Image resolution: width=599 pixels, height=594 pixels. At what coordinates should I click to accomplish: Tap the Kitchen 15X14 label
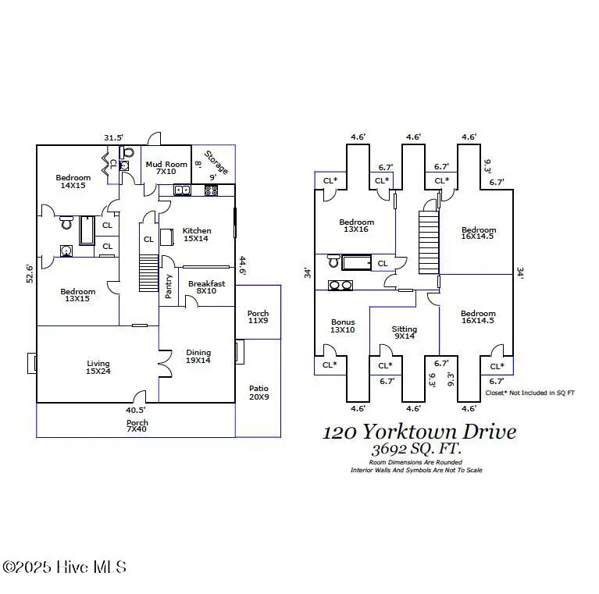coord(196,234)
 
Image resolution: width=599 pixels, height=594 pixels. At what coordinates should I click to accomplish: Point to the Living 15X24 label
coord(98,368)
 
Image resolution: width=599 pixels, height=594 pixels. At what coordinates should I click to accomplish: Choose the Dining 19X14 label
coord(198,356)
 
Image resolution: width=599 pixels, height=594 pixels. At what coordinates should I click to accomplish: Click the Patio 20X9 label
coord(258,392)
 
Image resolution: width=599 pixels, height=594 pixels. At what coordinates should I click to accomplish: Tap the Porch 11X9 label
coord(258,317)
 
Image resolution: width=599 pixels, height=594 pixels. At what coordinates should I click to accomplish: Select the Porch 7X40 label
coord(137,425)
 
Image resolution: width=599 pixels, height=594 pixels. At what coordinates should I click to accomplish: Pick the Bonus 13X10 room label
coord(342,325)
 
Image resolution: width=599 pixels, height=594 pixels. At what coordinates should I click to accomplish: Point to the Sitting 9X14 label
coord(404,333)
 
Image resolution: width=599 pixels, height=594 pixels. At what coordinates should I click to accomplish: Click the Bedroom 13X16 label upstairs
coord(356,226)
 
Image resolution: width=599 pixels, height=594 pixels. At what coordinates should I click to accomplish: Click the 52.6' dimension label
coord(30,273)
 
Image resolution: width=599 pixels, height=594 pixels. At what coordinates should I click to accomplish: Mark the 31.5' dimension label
coord(113,138)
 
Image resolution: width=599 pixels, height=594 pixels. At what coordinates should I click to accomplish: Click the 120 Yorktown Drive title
coord(419,432)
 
